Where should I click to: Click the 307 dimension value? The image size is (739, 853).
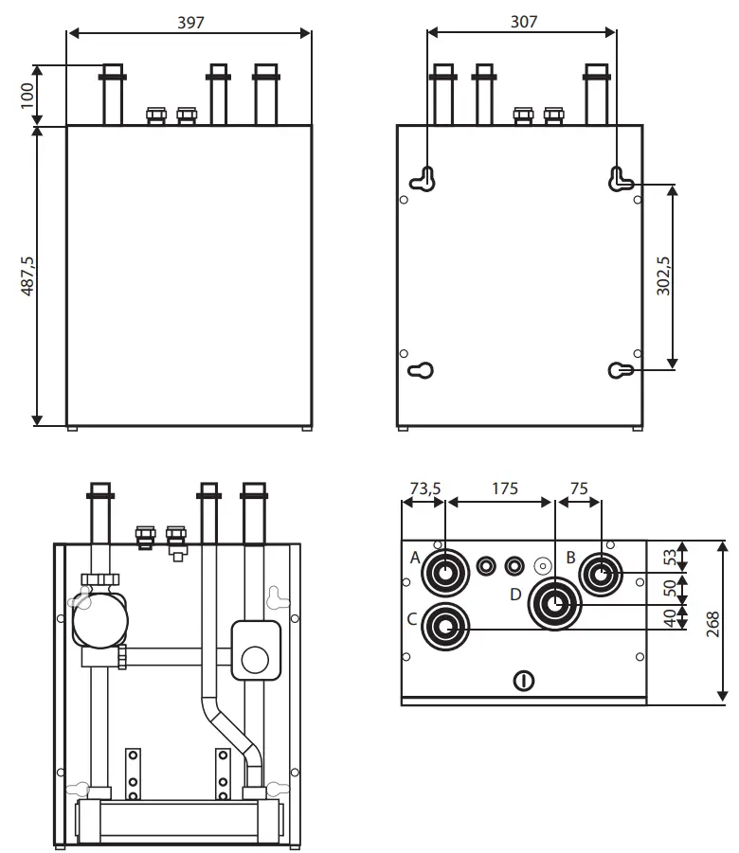point(522,20)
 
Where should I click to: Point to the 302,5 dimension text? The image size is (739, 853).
point(662,275)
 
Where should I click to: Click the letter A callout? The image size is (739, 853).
point(415,558)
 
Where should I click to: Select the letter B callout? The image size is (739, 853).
point(570,557)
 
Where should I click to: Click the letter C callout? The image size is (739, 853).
point(412,619)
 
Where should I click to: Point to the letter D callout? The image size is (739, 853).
point(514,595)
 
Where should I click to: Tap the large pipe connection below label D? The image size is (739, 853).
point(555,603)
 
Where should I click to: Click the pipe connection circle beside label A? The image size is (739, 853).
point(445,573)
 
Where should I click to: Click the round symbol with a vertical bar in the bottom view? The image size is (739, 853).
point(523,680)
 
